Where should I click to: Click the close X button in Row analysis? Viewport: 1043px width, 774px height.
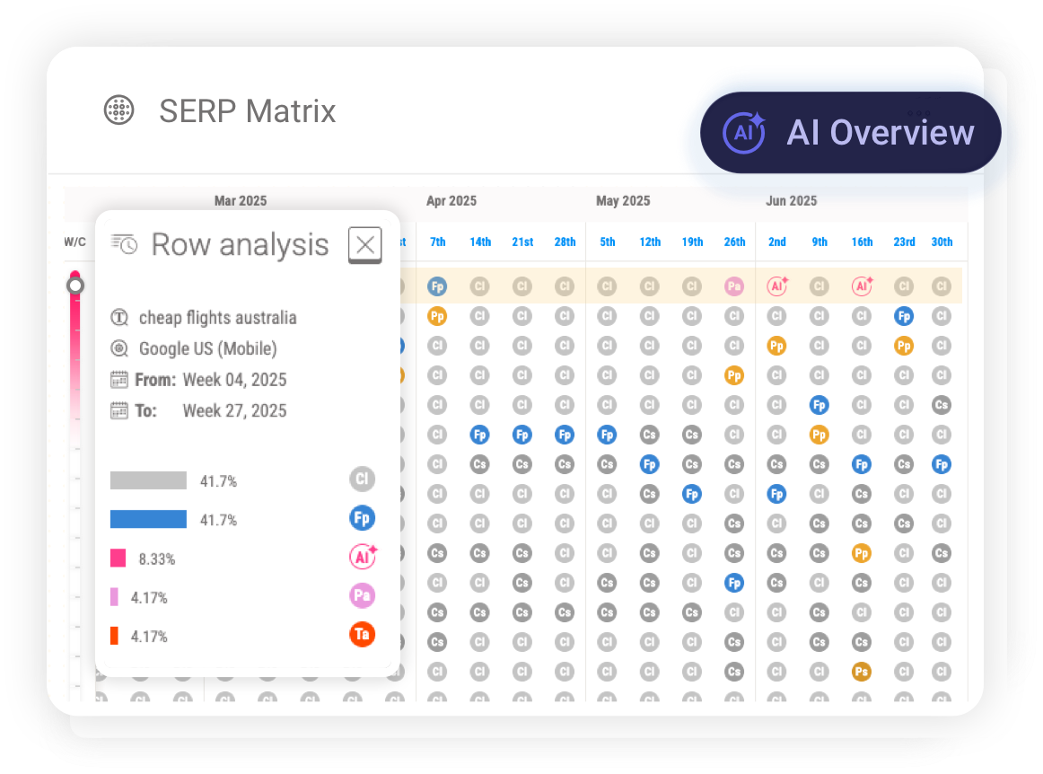coord(364,244)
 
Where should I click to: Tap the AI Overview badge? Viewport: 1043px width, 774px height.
coord(850,132)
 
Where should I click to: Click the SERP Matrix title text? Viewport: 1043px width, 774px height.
coord(247,111)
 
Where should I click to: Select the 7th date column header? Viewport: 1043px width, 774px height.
coord(437,242)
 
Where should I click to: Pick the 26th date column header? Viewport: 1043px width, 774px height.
coord(734,242)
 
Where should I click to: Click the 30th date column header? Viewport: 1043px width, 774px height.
coord(942,242)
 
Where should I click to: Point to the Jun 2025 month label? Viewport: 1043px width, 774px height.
coord(791,201)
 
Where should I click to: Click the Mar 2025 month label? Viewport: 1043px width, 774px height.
coord(240,201)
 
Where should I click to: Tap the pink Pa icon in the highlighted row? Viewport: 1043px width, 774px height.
coord(734,286)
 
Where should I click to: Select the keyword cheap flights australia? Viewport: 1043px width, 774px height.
coord(217,318)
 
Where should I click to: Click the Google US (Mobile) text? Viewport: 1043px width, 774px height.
coord(207,348)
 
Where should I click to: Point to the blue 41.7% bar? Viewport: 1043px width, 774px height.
coord(148,519)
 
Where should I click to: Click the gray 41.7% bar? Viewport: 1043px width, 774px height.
coord(148,480)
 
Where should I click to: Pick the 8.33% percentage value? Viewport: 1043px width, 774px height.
coord(156,559)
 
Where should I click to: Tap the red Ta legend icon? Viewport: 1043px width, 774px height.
coord(362,635)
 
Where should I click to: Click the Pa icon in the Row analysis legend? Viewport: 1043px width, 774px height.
coord(362,595)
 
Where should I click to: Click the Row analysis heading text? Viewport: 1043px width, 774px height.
coord(240,244)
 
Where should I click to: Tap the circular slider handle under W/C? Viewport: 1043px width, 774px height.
coord(75,286)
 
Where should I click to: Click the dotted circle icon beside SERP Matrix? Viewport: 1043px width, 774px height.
coord(118,110)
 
